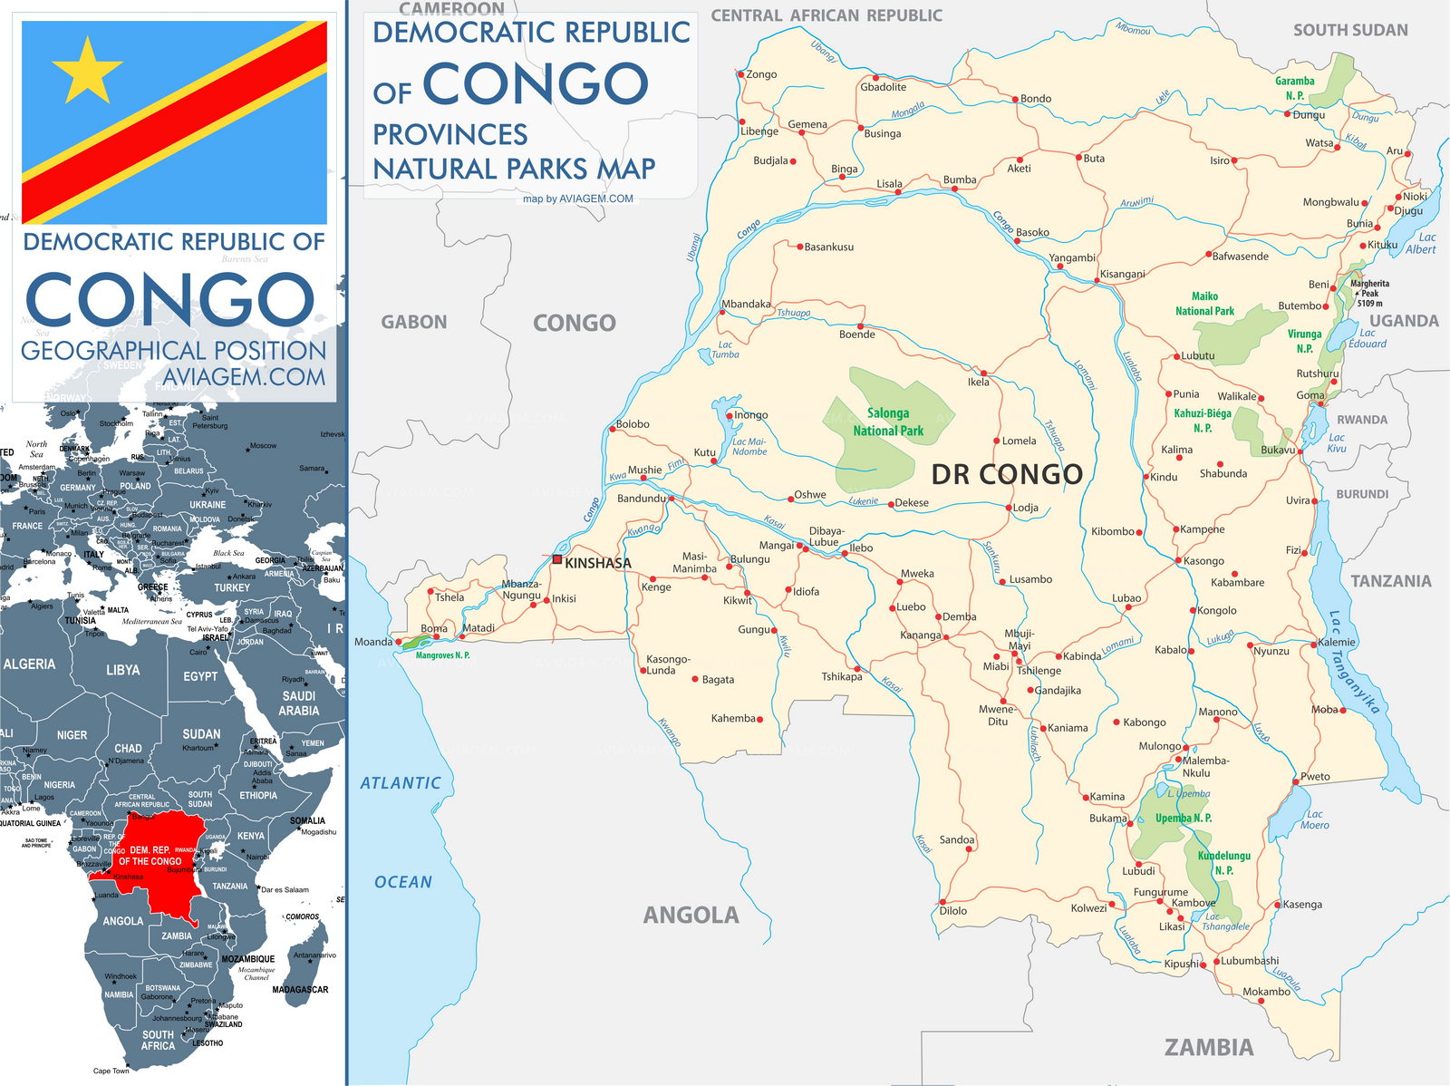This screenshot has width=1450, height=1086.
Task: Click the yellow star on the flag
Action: [x=86, y=71]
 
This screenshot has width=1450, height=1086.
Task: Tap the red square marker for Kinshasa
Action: [x=557, y=560]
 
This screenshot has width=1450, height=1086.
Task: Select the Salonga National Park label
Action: [x=888, y=422]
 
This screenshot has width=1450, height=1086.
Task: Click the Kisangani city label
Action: [x=1122, y=274]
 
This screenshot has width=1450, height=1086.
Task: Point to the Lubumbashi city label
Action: [x=1250, y=961]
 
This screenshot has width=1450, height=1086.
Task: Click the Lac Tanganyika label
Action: [x=1353, y=663]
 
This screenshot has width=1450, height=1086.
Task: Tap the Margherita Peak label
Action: [x=1369, y=293]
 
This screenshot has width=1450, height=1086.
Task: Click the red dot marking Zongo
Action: [x=741, y=74]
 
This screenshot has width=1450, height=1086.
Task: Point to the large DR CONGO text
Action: [x=1007, y=474]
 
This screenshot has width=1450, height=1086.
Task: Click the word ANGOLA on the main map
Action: [x=691, y=916]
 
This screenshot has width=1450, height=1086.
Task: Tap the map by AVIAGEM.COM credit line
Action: [x=578, y=199]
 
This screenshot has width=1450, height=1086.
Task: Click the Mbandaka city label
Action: [x=746, y=304]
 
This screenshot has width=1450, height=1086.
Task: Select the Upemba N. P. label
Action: [x=1183, y=818]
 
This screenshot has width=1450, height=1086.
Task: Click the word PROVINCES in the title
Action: [x=450, y=135]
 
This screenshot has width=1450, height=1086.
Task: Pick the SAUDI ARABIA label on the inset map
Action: [x=298, y=703]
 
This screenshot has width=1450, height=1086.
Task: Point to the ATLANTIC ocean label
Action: [x=400, y=782]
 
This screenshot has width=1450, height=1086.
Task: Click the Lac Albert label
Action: [x=1420, y=243]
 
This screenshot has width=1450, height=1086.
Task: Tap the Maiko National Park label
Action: [x=1204, y=304]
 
